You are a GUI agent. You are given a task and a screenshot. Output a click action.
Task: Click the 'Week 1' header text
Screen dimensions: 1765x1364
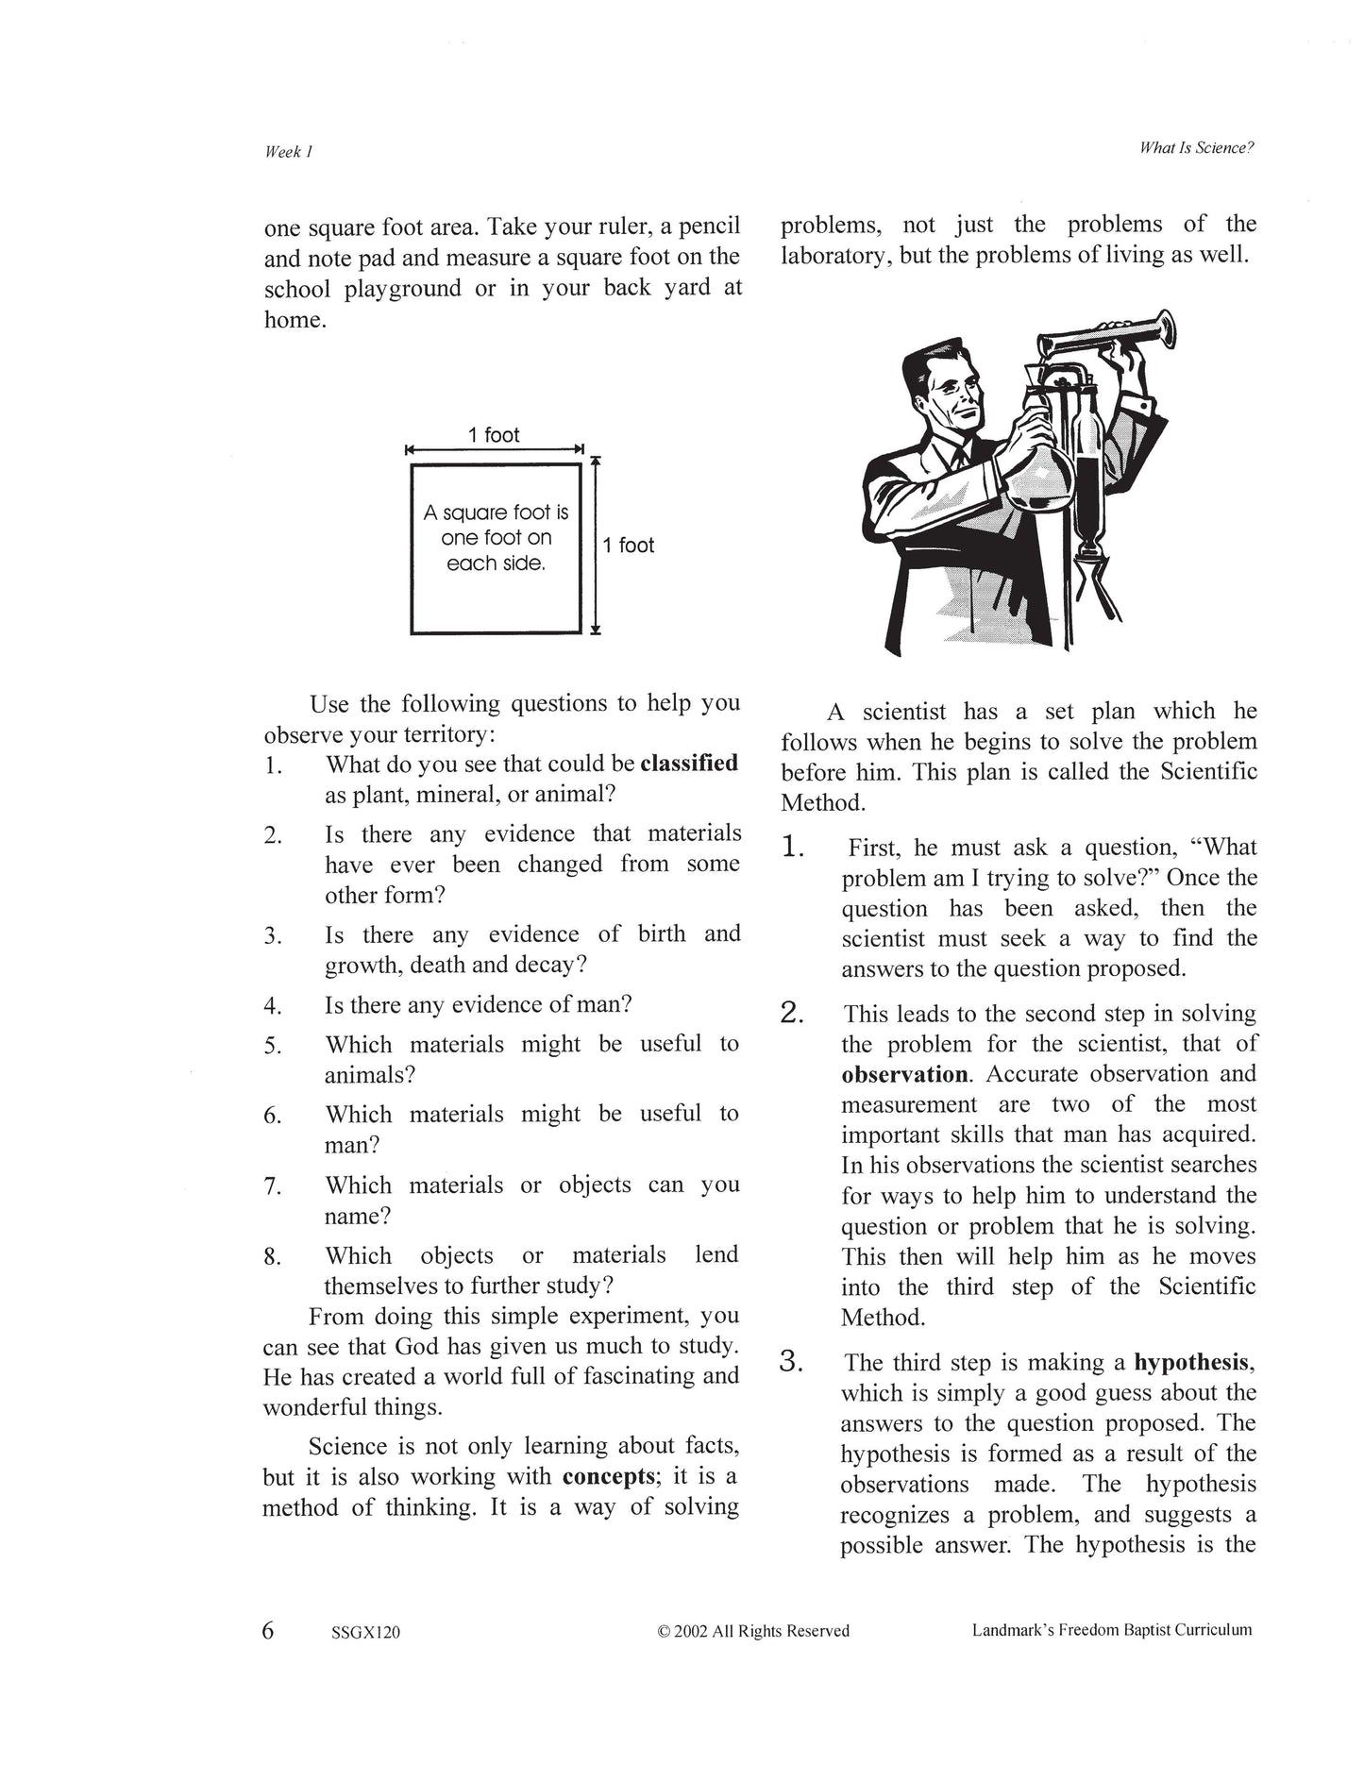pyautogui.click(x=288, y=152)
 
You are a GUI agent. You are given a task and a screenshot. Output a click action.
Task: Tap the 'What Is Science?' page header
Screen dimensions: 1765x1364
pyautogui.click(x=1196, y=148)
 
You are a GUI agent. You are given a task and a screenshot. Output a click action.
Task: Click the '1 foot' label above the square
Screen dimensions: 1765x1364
pyautogui.click(x=494, y=435)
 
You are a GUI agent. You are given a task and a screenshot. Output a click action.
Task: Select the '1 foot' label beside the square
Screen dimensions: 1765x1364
pyautogui.click(x=629, y=546)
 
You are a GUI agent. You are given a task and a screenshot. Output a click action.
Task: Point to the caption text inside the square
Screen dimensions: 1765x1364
pyautogui.click(x=496, y=538)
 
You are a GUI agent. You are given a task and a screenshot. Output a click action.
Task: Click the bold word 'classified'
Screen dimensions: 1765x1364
pyautogui.click(x=689, y=764)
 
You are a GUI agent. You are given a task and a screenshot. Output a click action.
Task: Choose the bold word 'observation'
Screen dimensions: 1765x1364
pyautogui.click(x=904, y=1075)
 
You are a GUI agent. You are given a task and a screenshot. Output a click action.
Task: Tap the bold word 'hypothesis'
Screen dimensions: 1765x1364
pyautogui.click(x=1191, y=1363)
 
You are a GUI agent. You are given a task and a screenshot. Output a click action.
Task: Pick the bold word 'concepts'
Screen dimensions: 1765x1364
pyautogui.click(x=609, y=1477)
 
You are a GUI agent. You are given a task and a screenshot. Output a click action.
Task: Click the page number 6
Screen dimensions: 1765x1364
pyautogui.click(x=268, y=1630)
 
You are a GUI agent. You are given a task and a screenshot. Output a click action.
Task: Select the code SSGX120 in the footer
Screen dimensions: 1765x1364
pyautogui.click(x=366, y=1632)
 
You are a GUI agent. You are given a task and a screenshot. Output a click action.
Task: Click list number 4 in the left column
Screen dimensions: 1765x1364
pyautogui.click(x=273, y=1007)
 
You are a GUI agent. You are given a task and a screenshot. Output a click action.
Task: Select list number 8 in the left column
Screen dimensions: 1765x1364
pyautogui.click(x=273, y=1257)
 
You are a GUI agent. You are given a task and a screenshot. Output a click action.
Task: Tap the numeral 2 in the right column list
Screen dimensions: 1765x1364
pyautogui.click(x=791, y=1015)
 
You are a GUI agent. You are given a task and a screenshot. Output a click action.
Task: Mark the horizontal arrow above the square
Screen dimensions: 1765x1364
pyautogui.click(x=495, y=450)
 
